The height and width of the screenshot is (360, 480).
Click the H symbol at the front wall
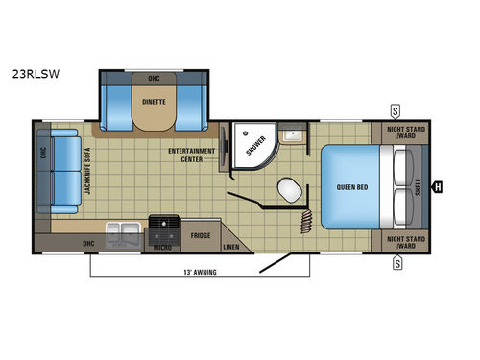point(437,186)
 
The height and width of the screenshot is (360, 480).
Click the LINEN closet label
point(230,247)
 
